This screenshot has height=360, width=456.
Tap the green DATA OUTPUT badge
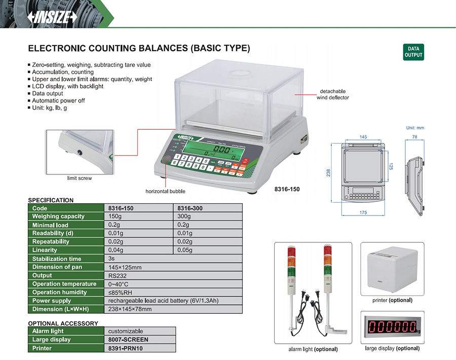(x=413, y=52)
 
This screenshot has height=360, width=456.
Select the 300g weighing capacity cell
(x=183, y=217)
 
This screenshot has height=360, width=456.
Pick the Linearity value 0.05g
(x=184, y=250)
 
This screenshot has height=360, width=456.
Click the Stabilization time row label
(x=57, y=259)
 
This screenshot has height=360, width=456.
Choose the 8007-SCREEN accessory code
(x=128, y=340)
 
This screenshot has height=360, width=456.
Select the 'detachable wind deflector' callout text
(x=332, y=94)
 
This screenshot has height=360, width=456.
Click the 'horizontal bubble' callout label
(x=165, y=191)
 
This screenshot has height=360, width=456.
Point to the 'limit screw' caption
(x=79, y=178)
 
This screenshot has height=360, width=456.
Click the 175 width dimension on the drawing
(x=363, y=212)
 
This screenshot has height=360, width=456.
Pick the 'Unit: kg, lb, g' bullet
(x=50, y=107)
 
